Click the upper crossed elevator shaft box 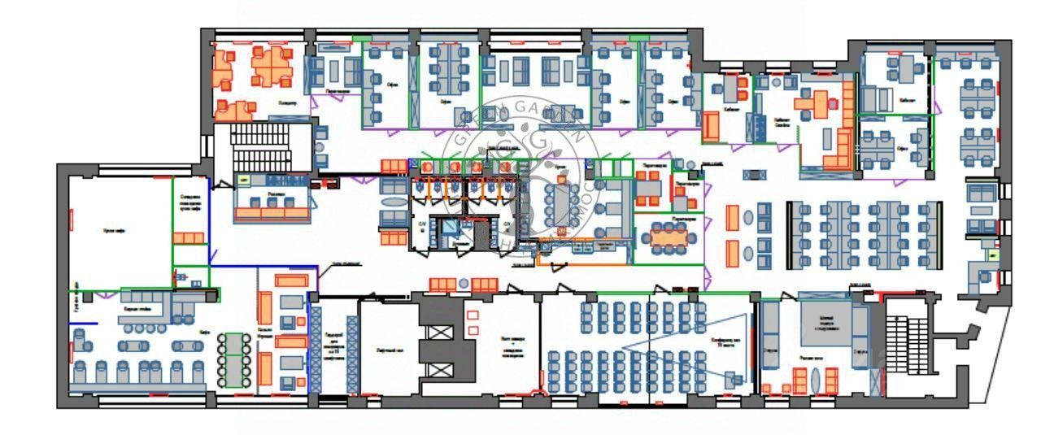(x=440, y=333)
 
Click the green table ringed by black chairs (x=234, y=358)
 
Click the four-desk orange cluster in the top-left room (x=272, y=67)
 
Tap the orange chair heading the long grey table (x=560, y=176)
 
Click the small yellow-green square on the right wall (x=993, y=254)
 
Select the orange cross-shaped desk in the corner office (x=816, y=102)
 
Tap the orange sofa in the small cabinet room (x=711, y=126)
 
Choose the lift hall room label (x=386, y=354)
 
